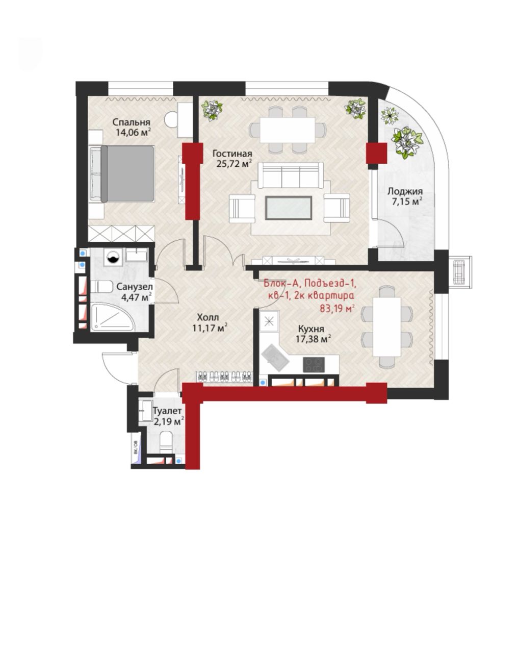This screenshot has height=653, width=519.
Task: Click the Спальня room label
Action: click(131, 122)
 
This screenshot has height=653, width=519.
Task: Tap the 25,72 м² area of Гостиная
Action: click(234, 164)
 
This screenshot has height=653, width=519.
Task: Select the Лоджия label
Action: click(405, 192)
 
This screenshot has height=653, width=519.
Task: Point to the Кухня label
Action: click(311, 329)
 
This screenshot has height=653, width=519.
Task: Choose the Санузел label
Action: click(135, 286)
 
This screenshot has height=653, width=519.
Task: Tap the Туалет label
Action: click(167, 411)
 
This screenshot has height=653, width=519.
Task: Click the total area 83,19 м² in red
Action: click(338, 309)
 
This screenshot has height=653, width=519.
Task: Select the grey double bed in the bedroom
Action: click(122, 174)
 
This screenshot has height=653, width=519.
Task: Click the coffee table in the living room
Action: click(289, 208)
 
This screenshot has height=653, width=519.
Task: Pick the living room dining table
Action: click(287, 130)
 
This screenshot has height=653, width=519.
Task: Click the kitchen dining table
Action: click(387, 327)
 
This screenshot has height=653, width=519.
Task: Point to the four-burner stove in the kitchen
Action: click(314, 365)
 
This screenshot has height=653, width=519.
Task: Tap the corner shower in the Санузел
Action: click(112, 317)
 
